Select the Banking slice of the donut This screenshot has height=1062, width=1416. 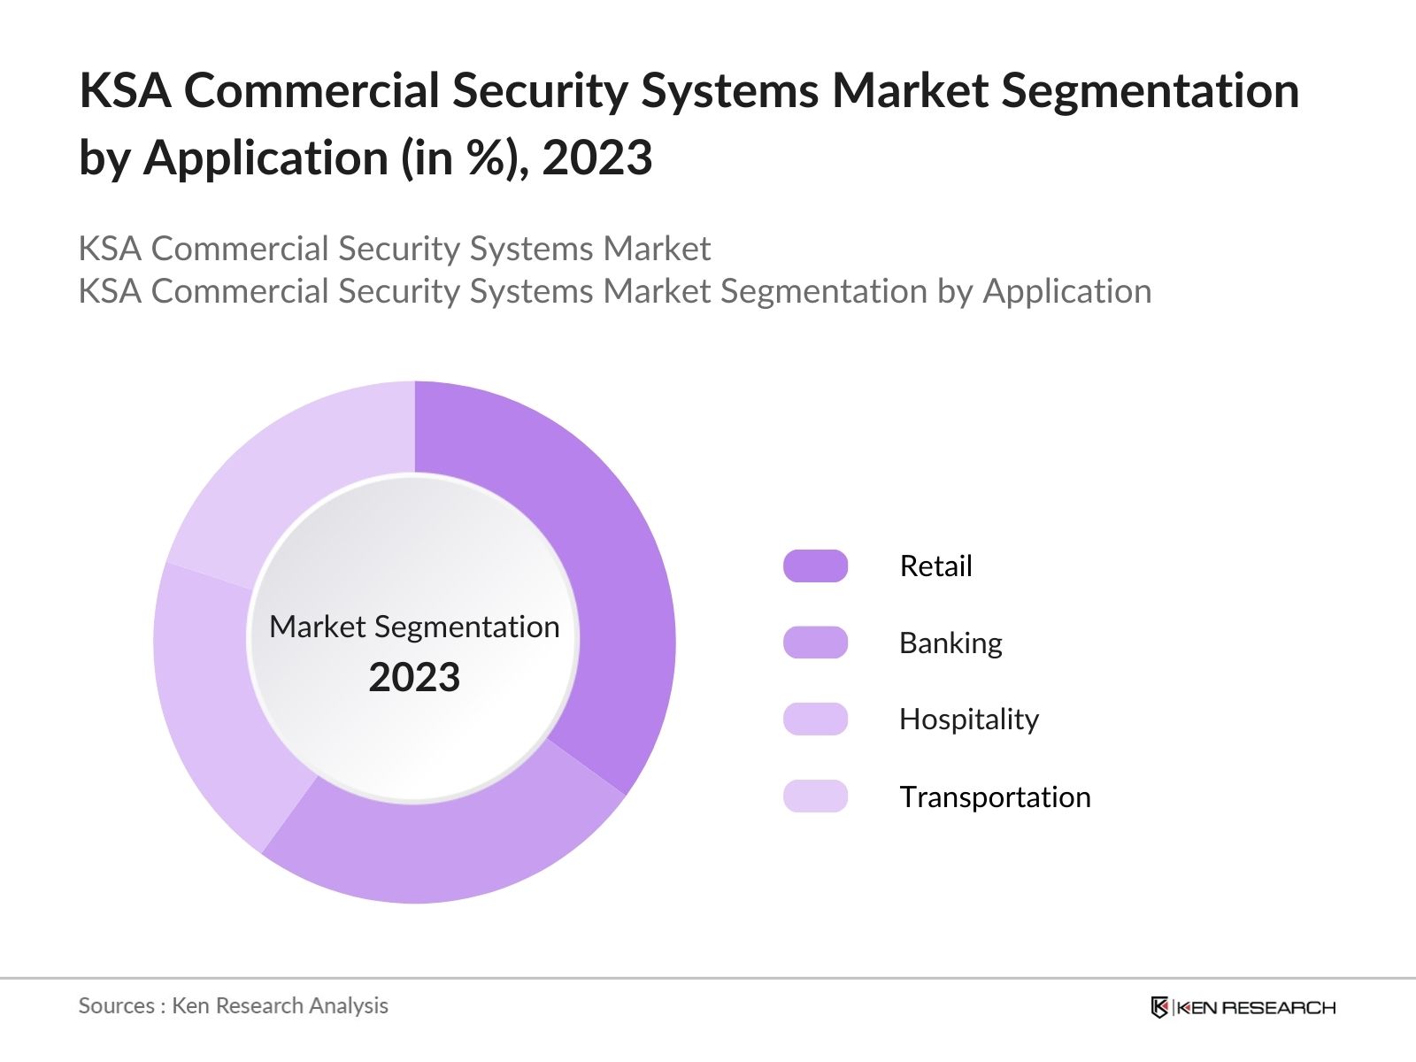pos(442,850)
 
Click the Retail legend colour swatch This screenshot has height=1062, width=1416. pos(815,566)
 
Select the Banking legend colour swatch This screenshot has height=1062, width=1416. pos(815,643)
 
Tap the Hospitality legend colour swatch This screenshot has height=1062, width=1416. pos(815,719)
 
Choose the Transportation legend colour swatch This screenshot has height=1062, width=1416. pos(815,796)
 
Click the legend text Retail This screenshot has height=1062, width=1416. pos(935,566)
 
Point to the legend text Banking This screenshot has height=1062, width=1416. pos(950,643)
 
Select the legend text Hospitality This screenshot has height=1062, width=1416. pos(968,719)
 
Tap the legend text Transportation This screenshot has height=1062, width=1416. pos(995,796)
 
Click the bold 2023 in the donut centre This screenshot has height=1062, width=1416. pos(414,678)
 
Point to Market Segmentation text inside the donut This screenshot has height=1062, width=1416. pos(414,627)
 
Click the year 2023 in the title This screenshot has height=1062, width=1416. pos(597,158)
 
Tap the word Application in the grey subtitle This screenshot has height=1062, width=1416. pos(1067,291)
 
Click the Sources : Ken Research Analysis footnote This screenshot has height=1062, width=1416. pos(233,1005)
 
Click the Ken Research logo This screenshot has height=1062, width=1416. pos(1243,1007)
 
